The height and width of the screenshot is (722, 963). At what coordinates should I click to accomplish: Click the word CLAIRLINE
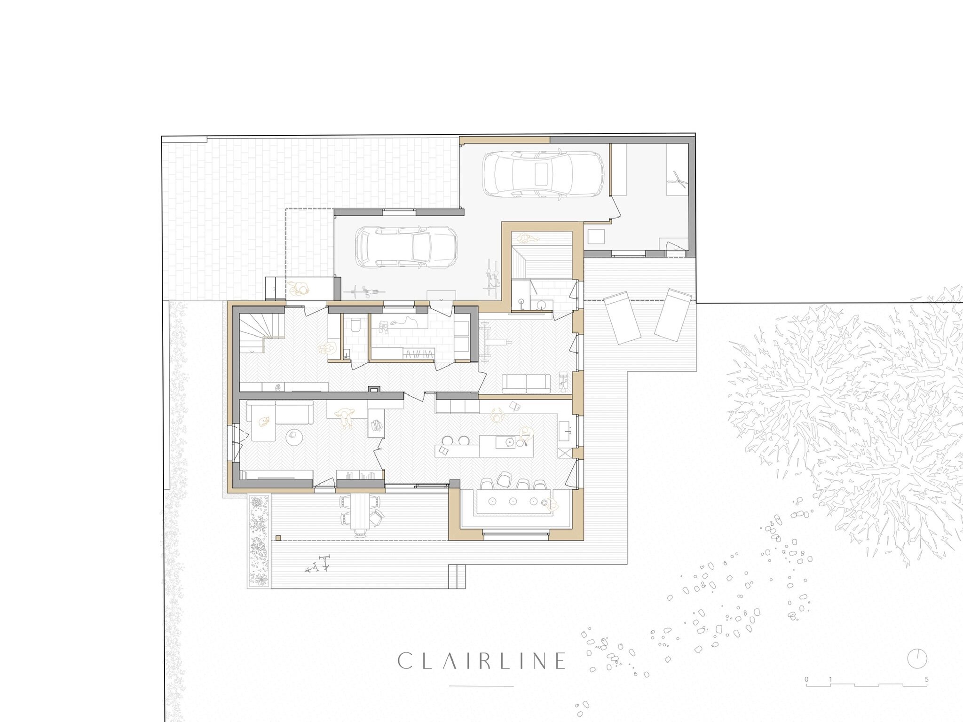coord(481,660)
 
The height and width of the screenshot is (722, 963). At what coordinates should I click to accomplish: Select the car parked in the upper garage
coord(544,173)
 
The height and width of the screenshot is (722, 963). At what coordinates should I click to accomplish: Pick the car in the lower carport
coord(406,248)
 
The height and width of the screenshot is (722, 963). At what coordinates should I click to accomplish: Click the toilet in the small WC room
coord(355,325)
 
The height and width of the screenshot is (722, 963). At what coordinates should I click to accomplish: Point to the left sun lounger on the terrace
coord(622,317)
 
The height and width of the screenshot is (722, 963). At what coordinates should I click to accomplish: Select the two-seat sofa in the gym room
coord(526,383)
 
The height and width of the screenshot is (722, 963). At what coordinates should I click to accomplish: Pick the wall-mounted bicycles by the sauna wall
coord(492,279)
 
